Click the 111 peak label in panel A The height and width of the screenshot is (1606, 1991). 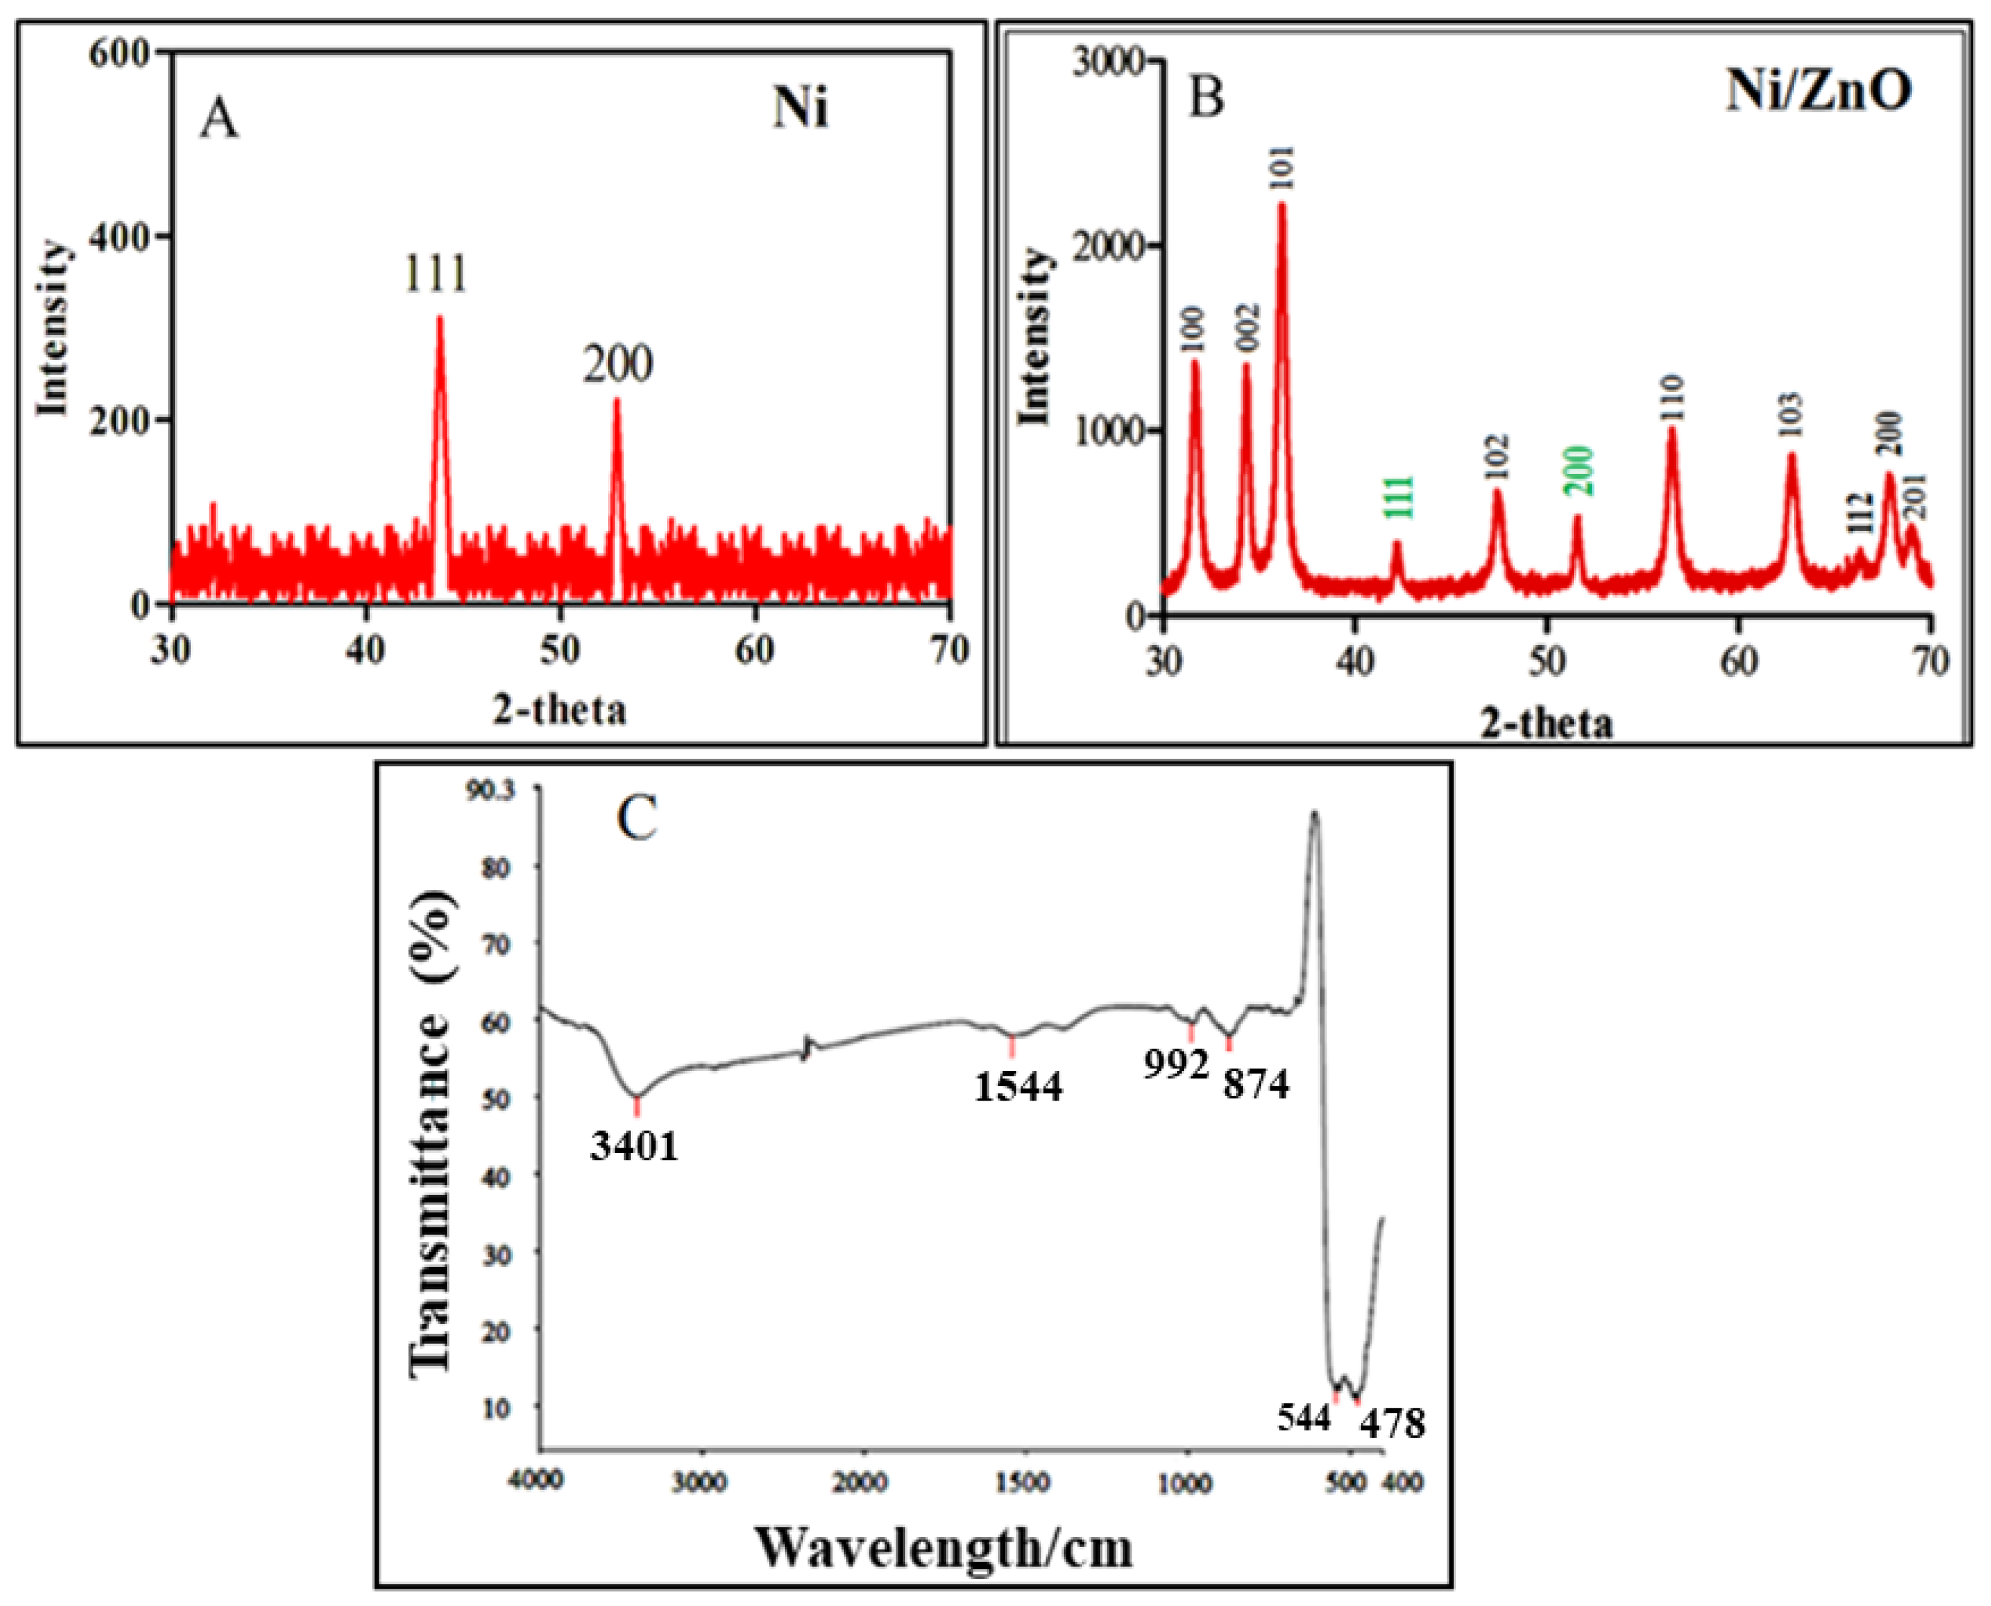(x=435, y=274)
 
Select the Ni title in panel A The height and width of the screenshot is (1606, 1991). (x=800, y=110)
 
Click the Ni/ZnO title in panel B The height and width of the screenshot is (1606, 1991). (x=1818, y=93)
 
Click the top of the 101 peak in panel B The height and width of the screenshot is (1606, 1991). (x=1282, y=204)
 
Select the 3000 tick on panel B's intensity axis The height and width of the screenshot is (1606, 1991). (x=1108, y=61)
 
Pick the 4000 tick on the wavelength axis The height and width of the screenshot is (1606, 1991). (x=536, y=1481)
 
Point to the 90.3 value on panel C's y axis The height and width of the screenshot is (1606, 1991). (x=494, y=788)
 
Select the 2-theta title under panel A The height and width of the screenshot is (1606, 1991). (x=559, y=711)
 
